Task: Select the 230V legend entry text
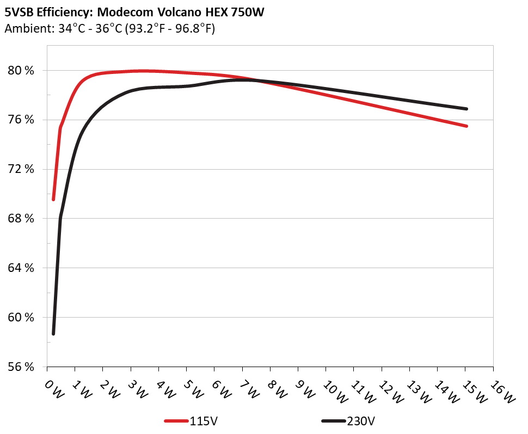pos(361,421)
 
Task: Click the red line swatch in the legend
pos(176,421)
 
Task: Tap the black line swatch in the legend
pos(334,421)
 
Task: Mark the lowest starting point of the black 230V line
pos(53,333)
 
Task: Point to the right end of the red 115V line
pos(466,126)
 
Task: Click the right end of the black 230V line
pos(466,109)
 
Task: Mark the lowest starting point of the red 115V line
pos(53,200)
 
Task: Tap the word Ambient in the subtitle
pos(24,29)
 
